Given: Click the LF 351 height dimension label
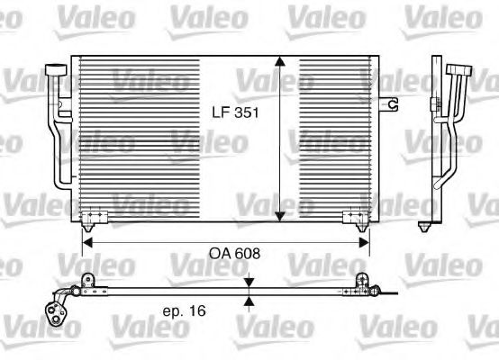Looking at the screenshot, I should click(x=231, y=113).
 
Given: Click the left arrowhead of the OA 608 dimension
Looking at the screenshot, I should click(x=87, y=241).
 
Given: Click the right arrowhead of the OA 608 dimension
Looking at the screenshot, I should click(x=364, y=241).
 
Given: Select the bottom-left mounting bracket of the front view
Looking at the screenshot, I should click(x=93, y=218).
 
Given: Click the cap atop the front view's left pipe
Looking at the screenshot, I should click(x=56, y=69).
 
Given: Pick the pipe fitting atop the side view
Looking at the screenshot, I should click(x=460, y=71).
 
